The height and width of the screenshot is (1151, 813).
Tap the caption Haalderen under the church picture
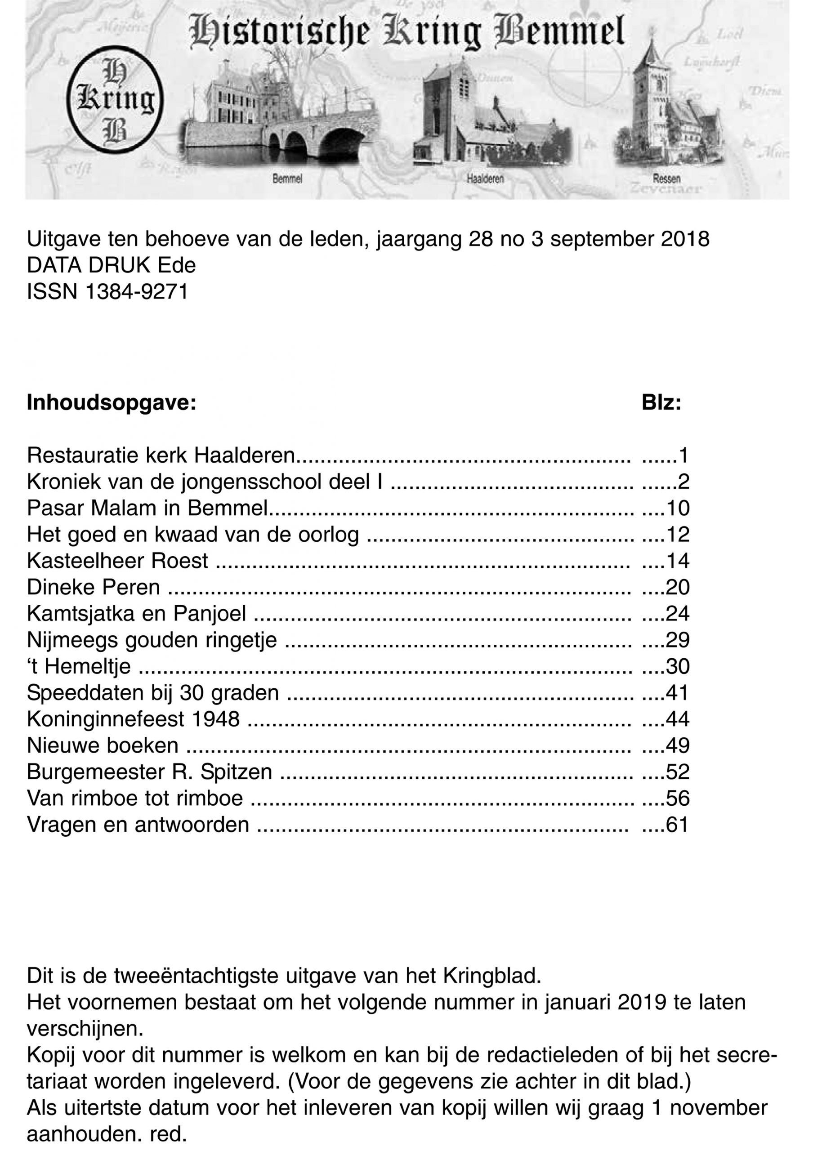(x=485, y=178)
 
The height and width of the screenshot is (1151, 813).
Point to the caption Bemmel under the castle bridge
(x=287, y=179)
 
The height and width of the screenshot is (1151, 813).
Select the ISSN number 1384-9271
(x=137, y=292)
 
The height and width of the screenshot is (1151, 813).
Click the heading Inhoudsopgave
(x=111, y=403)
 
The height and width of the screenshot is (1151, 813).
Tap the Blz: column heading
(x=661, y=403)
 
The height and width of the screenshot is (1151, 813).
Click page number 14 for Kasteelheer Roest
(x=677, y=561)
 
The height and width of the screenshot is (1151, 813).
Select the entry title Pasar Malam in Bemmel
(x=147, y=509)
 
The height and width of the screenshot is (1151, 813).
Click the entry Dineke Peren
(x=93, y=587)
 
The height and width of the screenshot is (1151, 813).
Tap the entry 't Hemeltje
(x=79, y=666)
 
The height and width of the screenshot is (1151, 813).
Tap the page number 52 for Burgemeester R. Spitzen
(x=677, y=772)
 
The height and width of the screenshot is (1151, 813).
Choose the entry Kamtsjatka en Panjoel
(x=136, y=614)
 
